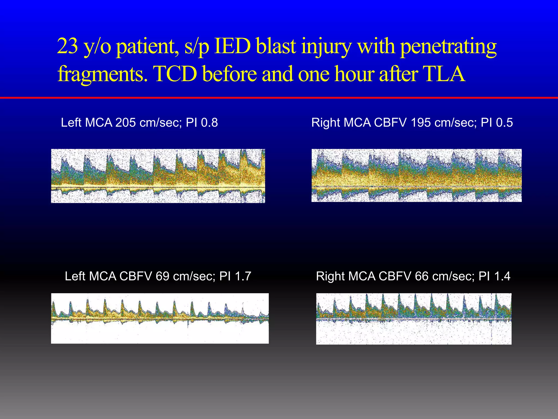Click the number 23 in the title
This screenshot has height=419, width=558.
[x=67, y=46]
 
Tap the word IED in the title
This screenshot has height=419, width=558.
[x=232, y=46]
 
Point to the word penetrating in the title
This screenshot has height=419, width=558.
[x=448, y=46]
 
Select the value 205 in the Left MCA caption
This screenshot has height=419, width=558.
[x=126, y=122]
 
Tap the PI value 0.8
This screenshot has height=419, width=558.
[x=209, y=122]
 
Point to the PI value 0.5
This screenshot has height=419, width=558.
[x=504, y=122]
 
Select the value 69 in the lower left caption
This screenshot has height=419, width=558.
[x=162, y=276]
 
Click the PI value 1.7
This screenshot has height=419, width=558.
[x=243, y=276]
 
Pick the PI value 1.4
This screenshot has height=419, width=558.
[x=502, y=276]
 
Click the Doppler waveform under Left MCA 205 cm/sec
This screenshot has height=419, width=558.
[x=158, y=176]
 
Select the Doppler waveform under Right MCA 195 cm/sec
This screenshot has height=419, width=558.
[x=416, y=175]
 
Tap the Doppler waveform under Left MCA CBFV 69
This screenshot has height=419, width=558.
[x=160, y=318]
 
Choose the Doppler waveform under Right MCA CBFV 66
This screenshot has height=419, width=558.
[x=414, y=319]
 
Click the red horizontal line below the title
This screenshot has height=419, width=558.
[x=279, y=97]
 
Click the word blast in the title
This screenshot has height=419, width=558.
[x=276, y=46]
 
